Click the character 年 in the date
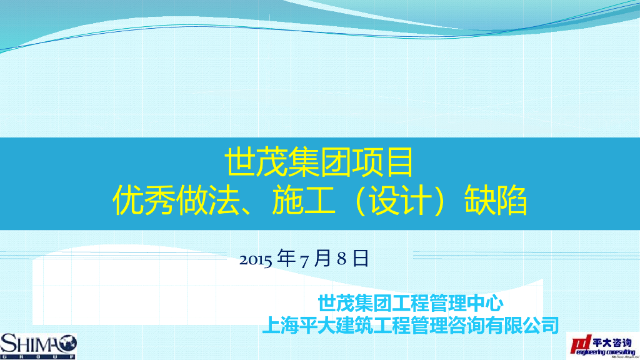pyautogui.click(x=286, y=258)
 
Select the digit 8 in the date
pyautogui.click(x=341, y=259)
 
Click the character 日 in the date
pyautogui.click(x=361, y=258)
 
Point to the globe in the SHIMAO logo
pyautogui.click(x=67, y=343)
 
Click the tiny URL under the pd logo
pyautogui.click(x=619, y=357)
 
